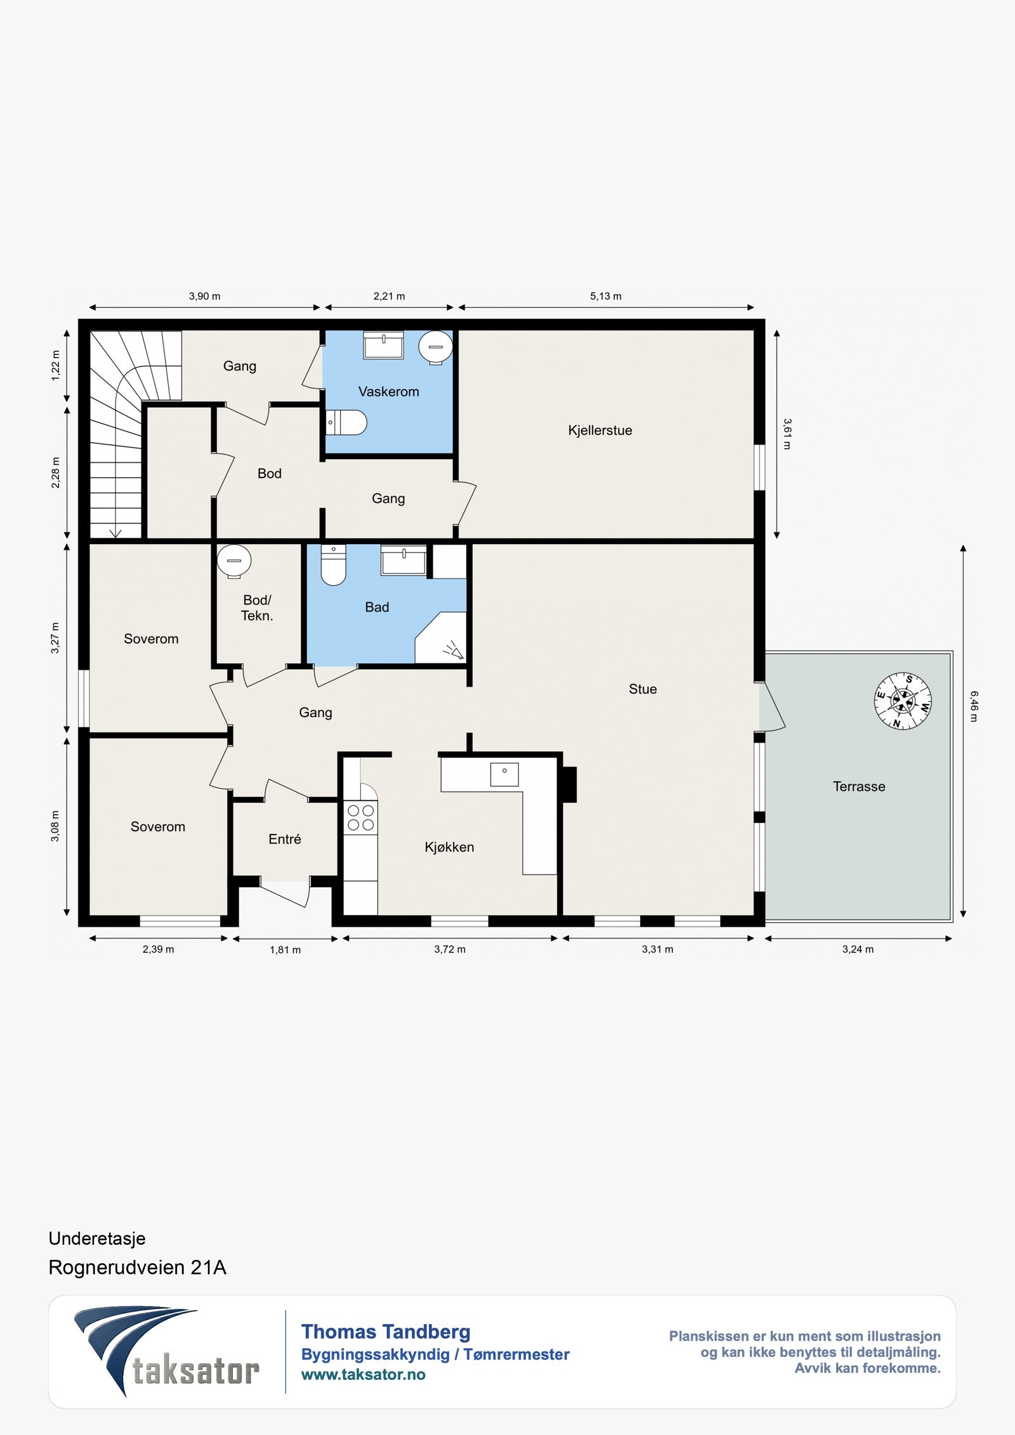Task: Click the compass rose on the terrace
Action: [903, 701]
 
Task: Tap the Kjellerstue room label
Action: [600, 430]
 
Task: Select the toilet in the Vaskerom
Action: [346, 422]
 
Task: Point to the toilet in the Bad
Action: [334, 564]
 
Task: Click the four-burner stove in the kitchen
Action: [360, 817]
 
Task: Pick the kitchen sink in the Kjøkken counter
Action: [504, 774]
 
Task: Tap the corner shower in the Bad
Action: [441, 637]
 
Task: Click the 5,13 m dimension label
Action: [606, 296]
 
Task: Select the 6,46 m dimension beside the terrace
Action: [973, 706]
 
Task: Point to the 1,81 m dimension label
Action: [285, 950]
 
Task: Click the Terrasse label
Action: [859, 786]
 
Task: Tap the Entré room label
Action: [285, 839]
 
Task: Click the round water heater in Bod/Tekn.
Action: [234, 561]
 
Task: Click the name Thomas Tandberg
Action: [386, 1332]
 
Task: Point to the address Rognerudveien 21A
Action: [138, 1267]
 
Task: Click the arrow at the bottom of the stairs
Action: [115, 533]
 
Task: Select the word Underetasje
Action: [97, 1238]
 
